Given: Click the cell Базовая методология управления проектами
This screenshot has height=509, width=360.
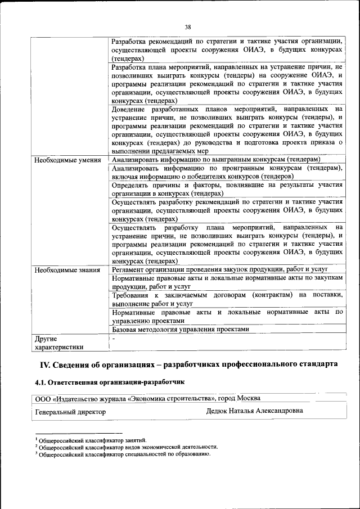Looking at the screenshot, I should pyautogui.click(x=180, y=329).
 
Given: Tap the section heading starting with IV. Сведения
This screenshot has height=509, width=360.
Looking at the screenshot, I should pyautogui.click(x=188, y=364).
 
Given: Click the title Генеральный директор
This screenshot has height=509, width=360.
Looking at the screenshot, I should pyautogui.click(x=70, y=411).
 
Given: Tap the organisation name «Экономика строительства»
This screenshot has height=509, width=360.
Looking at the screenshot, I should pyautogui.click(x=172, y=398).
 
